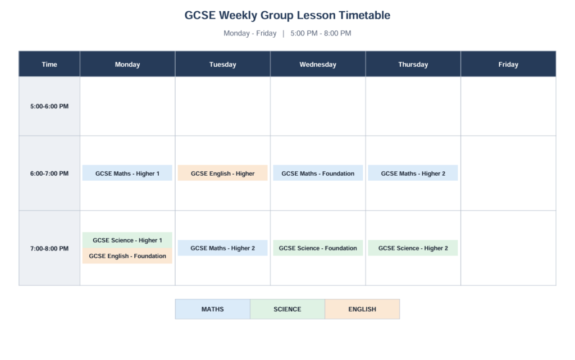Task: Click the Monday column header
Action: click(127, 64)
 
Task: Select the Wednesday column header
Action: click(318, 64)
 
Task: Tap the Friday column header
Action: click(508, 64)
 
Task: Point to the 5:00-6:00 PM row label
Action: click(49, 106)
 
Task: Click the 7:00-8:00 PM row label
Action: click(49, 248)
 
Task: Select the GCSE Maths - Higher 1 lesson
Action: click(127, 173)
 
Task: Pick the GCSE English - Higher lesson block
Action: click(222, 173)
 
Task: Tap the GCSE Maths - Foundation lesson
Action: click(318, 173)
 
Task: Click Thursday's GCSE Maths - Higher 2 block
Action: click(413, 173)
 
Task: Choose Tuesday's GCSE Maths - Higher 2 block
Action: click(222, 248)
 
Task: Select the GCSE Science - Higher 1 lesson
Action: click(127, 240)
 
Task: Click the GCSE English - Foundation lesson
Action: click(127, 256)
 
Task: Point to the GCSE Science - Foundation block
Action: click(318, 248)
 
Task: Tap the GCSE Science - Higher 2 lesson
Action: click(413, 248)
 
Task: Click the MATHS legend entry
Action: click(213, 309)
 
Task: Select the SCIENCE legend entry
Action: click(287, 309)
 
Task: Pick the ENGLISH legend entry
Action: click(362, 309)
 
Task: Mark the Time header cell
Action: click(49, 64)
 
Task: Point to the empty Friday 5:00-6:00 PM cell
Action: click(508, 106)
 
